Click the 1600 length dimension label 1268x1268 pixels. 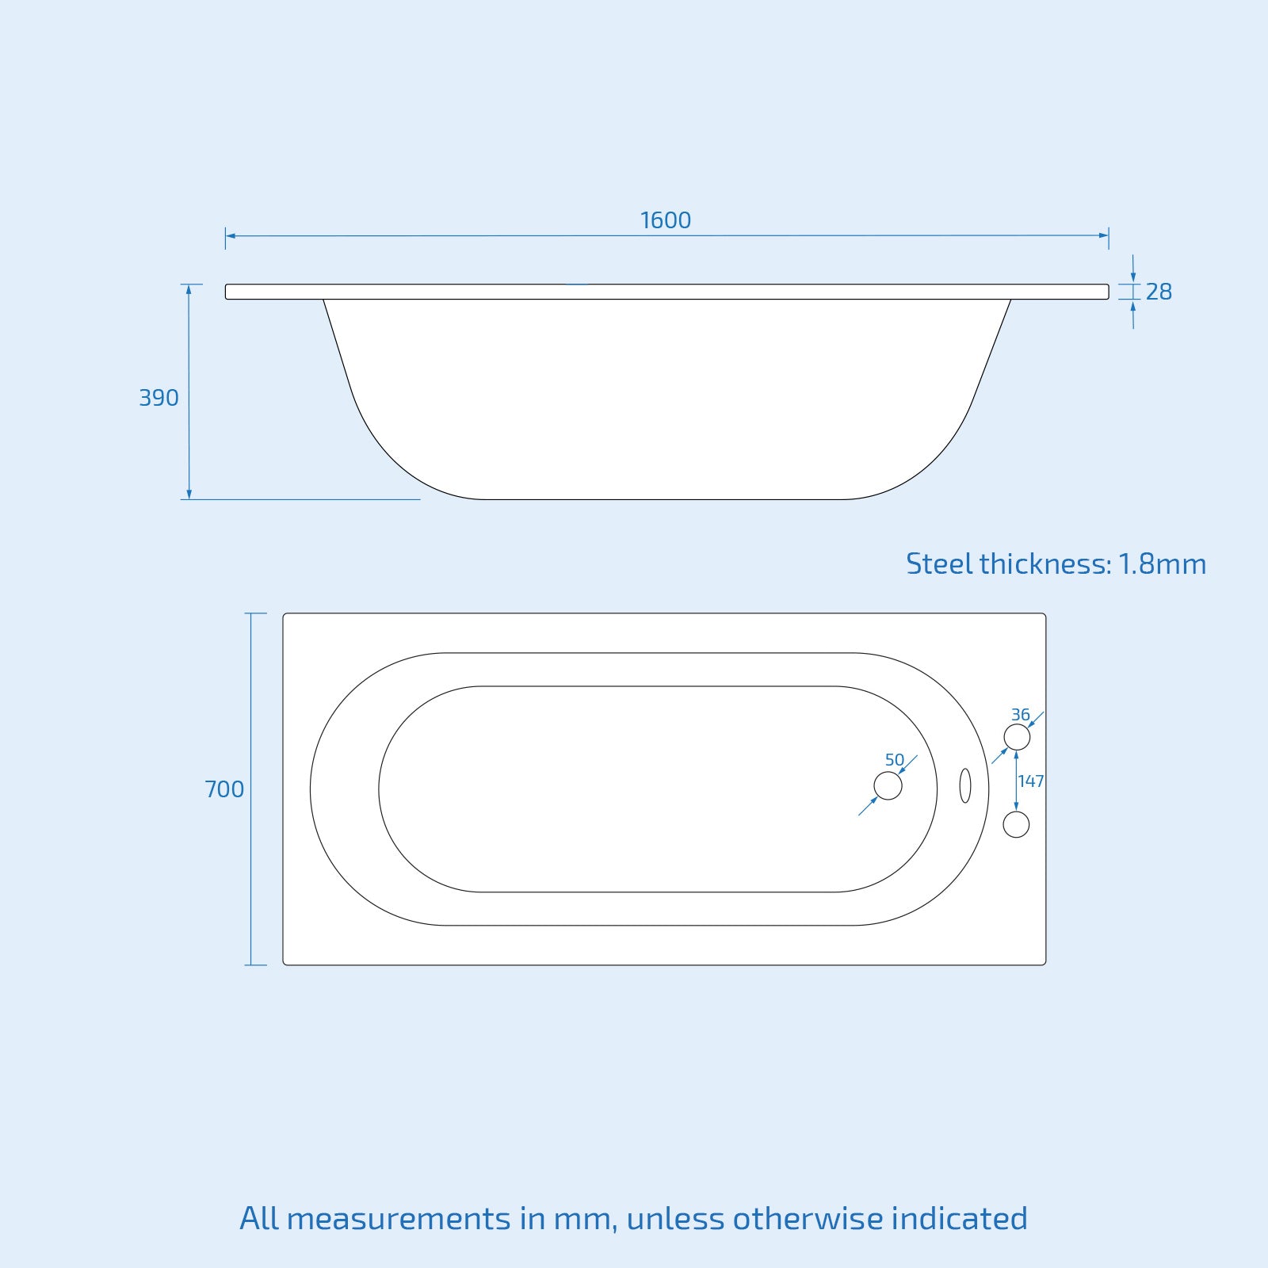pyautogui.click(x=666, y=220)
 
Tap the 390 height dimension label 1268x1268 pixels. pyautogui.click(x=158, y=398)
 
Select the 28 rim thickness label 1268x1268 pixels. pyautogui.click(x=1159, y=292)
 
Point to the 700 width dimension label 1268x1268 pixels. pyautogui.click(x=224, y=789)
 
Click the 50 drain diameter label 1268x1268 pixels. pyautogui.click(x=895, y=760)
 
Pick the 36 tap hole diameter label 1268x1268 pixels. pyautogui.click(x=1020, y=715)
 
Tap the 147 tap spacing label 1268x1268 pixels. pyautogui.click(x=1031, y=781)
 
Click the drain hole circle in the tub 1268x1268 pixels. pyautogui.click(x=888, y=786)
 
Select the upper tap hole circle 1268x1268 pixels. pyautogui.click(x=1017, y=737)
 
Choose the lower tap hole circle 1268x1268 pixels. pyautogui.click(x=1016, y=824)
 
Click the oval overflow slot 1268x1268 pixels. pyautogui.click(x=965, y=785)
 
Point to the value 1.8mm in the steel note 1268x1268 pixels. pyautogui.click(x=1162, y=564)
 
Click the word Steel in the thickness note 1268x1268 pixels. pyautogui.click(x=939, y=564)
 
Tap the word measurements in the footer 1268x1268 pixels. pyautogui.click(x=399, y=1219)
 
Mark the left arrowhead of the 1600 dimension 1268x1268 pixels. pyautogui.click(x=231, y=235)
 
